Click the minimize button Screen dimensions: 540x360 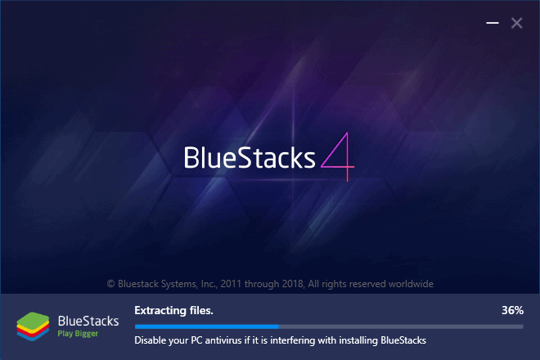(x=493, y=23)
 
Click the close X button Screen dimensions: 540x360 (x=516, y=23)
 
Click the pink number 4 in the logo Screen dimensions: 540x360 (x=338, y=157)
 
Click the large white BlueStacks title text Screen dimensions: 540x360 (x=250, y=158)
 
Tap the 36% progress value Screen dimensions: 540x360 (x=512, y=310)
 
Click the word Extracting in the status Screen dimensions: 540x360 (x=160, y=311)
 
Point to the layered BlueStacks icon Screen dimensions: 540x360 (x=33, y=326)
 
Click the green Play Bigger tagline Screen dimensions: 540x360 (x=78, y=334)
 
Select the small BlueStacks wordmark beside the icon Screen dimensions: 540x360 (x=88, y=321)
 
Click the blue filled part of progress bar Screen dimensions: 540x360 (x=207, y=326)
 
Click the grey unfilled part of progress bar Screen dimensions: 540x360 (x=401, y=326)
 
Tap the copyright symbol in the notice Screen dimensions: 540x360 (x=110, y=284)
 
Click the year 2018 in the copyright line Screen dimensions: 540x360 (x=292, y=284)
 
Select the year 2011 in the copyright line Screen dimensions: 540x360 (x=231, y=284)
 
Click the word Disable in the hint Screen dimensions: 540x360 (x=147, y=340)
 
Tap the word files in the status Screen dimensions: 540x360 (x=201, y=311)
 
